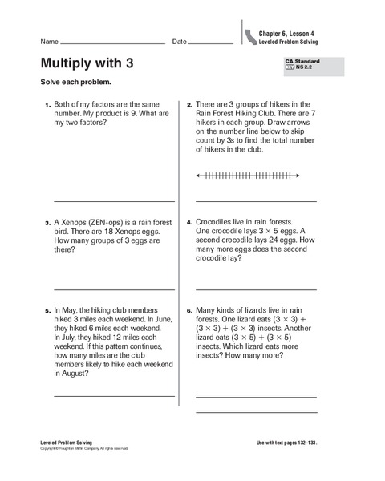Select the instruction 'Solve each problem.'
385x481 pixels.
coord(69,83)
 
